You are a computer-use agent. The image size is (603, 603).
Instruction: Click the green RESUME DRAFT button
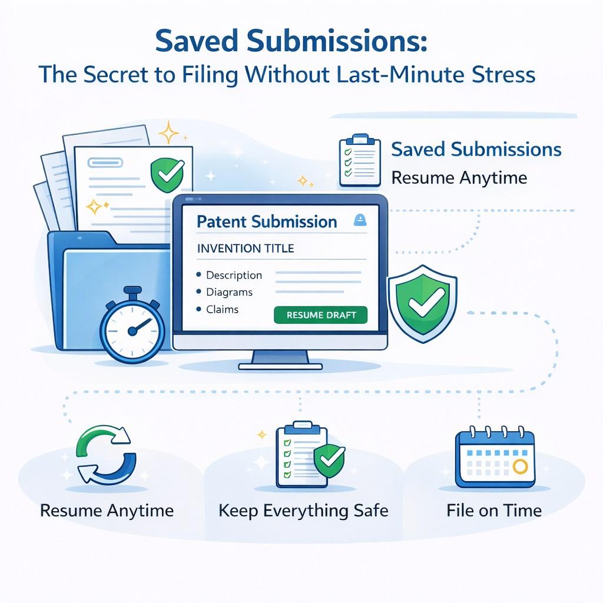click(320, 314)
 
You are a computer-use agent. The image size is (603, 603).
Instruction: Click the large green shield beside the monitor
click(423, 301)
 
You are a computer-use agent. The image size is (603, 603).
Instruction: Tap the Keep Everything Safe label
click(303, 510)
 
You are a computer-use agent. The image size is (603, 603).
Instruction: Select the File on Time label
click(493, 510)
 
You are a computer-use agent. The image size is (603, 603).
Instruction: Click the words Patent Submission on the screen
click(267, 222)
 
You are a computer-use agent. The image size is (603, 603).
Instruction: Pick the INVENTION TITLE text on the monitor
click(245, 249)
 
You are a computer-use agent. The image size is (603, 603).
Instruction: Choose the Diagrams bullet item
click(229, 292)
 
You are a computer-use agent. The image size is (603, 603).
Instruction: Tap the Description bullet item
click(234, 275)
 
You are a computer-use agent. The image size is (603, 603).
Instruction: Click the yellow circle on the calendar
click(519, 466)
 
